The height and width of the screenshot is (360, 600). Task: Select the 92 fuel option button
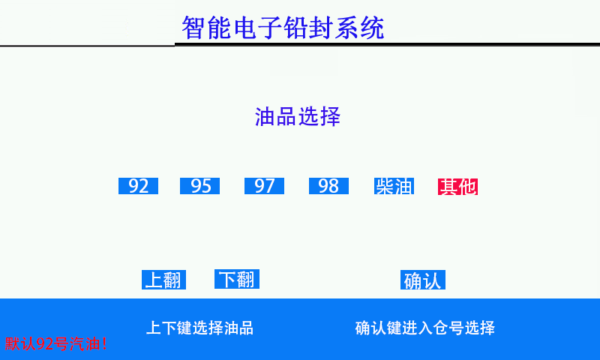pyautogui.click(x=138, y=186)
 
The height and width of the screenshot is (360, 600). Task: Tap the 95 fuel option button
pyautogui.click(x=199, y=186)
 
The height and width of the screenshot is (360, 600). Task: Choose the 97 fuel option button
pyautogui.click(x=265, y=186)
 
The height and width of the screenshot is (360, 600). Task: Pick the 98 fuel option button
pyautogui.click(x=328, y=186)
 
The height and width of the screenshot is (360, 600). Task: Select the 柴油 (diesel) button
pyautogui.click(x=394, y=186)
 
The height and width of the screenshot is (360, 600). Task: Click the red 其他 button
pyautogui.click(x=457, y=187)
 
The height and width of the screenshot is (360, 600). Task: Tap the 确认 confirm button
pyautogui.click(x=423, y=280)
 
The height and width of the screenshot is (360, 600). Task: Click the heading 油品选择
pyautogui.click(x=298, y=116)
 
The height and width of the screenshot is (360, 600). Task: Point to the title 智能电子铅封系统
pyautogui.click(x=283, y=28)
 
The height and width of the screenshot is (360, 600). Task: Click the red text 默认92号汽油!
pyautogui.click(x=55, y=343)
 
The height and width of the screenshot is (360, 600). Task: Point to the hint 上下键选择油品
pyautogui.click(x=199, y=328)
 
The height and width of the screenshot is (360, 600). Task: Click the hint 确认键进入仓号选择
pyautogui.click(x=424, y=328)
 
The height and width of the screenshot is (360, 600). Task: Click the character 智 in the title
pyautogui.click(x=194, y=28)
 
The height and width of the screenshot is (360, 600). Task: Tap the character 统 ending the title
pyautogui.click(x=372, y=28)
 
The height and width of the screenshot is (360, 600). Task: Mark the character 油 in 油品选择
pyautogui.click(x=265, y=116)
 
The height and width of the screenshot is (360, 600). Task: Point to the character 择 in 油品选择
pyautogui.click(x=330, y=116)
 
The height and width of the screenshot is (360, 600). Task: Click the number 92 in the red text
pyautogui.click(x=44, y=344)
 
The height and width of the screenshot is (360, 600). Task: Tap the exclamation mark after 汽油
pyautogui.click(x=104, y=343)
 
